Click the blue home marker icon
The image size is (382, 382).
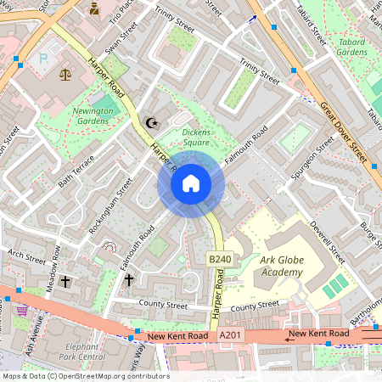pos(190,183)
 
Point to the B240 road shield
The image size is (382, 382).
pos(220,259)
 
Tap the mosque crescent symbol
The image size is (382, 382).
pos(153,123)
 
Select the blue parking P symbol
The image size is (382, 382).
pos(44,60)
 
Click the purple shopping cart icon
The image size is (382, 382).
pos(21,312)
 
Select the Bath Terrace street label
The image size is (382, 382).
pos(77,171)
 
